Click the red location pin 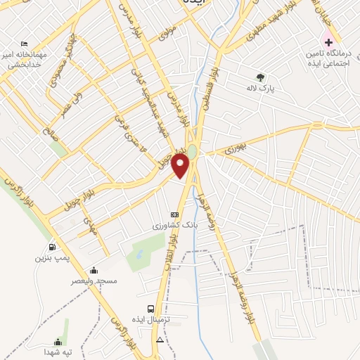(x=181, y=167)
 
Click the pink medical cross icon (x=328, y=42)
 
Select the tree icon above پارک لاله (x=262, y=77)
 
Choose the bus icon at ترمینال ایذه (x=150, y=309)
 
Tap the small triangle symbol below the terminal (x=160, y=340)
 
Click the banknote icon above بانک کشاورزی (x=175, y=215)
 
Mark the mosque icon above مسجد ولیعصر (x=94, y=270)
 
